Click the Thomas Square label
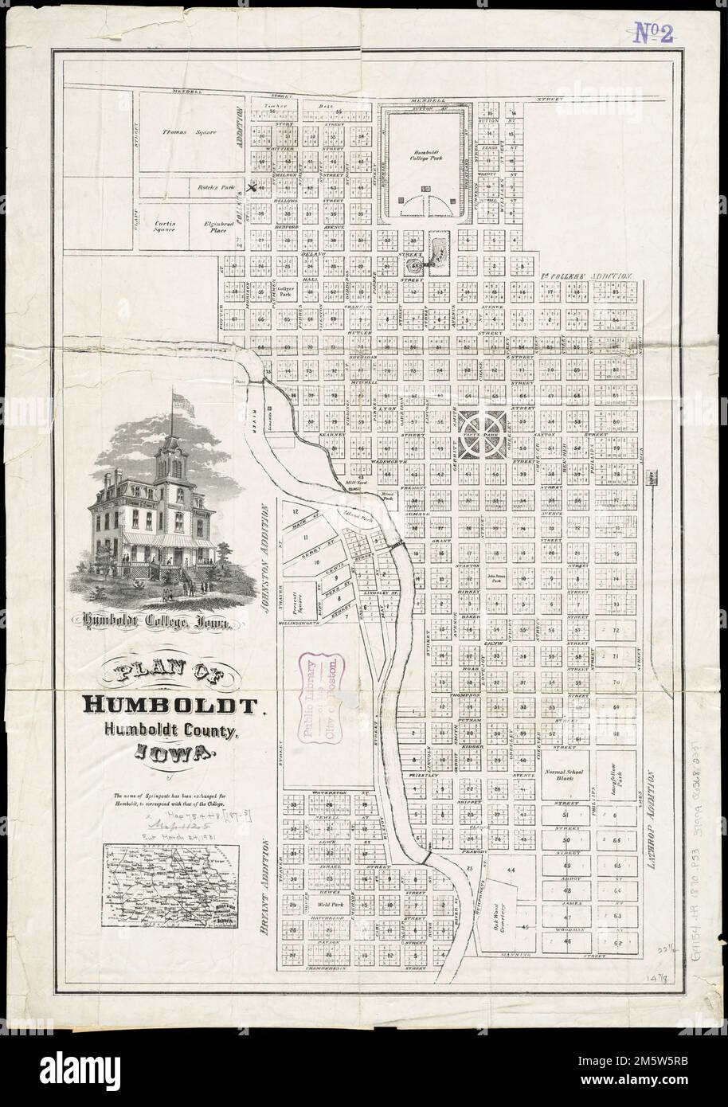tap(184, 131)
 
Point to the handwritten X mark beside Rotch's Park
tap(252, 189)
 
